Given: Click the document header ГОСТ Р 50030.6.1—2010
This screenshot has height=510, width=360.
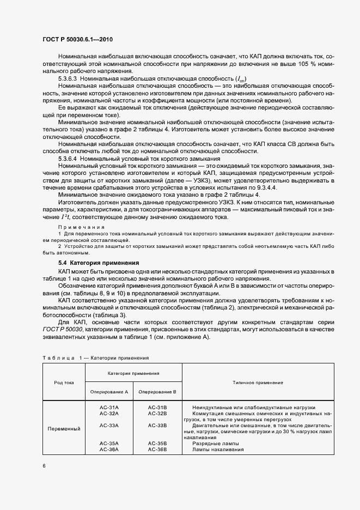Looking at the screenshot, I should click(x=78, y=40).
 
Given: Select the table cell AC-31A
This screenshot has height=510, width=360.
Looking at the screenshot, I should click(x=109, y=407).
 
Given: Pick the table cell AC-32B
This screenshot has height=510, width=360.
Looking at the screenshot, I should click(x=157, y=414).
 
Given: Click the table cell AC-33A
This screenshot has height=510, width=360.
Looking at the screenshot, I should click(x=109, y=425).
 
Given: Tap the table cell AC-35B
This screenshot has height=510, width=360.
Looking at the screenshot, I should click(x=157, y=444).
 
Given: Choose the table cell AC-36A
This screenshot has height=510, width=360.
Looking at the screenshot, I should click(x=109, y=450).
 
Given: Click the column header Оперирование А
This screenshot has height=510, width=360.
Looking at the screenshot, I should click(x=109, y=391).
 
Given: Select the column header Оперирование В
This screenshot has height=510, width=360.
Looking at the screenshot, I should click(x=157, y=391).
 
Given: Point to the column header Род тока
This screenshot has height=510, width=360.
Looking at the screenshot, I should click(x=64, y=382).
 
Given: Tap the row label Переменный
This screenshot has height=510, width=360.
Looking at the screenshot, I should click(x=64, y=428).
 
